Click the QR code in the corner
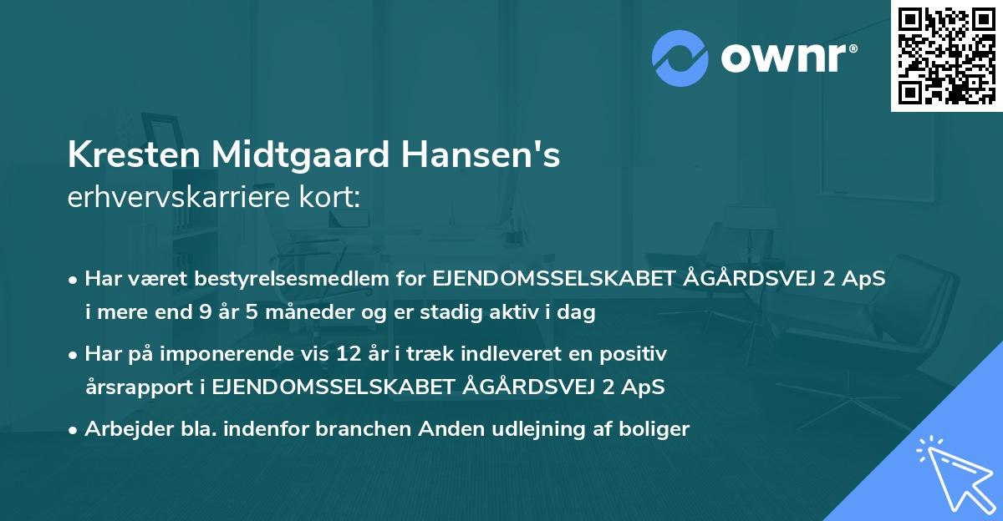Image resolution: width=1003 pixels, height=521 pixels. click(946, 56)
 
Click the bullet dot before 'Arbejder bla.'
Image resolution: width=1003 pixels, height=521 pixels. click(74, 431)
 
